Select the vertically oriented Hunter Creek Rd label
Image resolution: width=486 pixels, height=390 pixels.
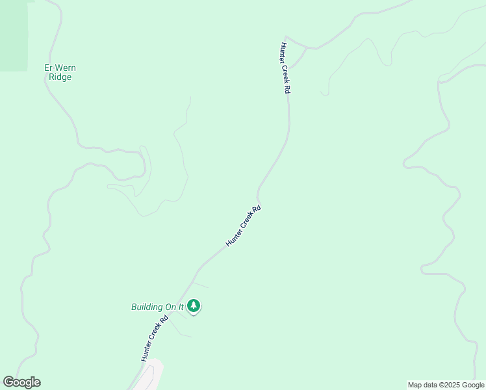tap(284, 68)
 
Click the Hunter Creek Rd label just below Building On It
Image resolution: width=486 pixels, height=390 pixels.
tap(155, 339)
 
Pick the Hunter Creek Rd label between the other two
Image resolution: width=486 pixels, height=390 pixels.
tap(244, 226)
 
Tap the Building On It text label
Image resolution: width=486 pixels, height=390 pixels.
tap(158, 307)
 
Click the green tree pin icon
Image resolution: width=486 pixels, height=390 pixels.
tap(193, 306)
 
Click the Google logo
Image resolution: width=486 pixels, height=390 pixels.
tap(21, 382)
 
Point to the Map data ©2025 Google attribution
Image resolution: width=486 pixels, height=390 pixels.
tap(446, 385)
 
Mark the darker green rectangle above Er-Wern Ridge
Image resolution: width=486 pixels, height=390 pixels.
tap(14, 36)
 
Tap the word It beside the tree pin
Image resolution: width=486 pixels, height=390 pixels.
tap(181, 307)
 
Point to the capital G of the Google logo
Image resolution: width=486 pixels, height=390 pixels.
tap(8, 382)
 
